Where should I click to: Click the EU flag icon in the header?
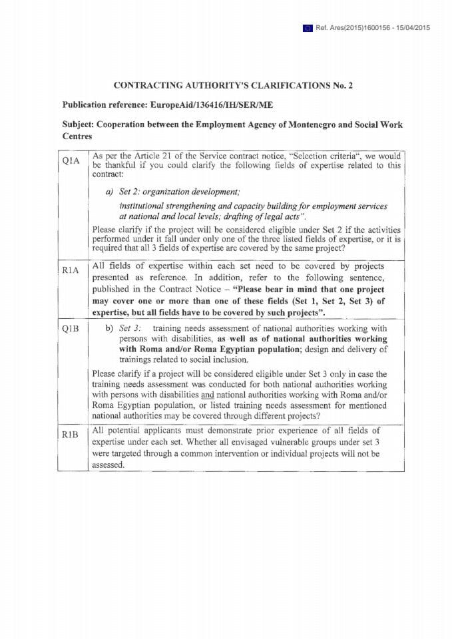308,27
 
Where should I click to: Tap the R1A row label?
71,270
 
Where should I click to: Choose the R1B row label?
71,435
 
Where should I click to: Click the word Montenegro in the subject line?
303,124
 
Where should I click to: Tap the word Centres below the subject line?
77,136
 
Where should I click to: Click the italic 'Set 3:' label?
130,328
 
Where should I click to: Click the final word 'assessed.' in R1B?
109,465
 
